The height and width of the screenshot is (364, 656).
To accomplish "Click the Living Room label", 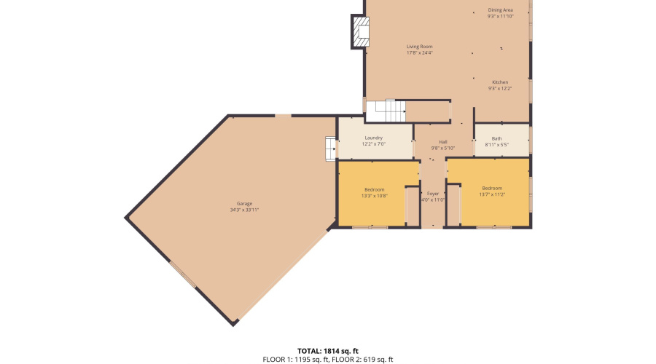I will (x=419, y=47).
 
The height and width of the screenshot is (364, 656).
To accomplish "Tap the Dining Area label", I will (x=500, y=10).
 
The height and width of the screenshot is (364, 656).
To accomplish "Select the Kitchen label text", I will (x=499, y=82).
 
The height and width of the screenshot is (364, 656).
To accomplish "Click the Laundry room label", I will (x=373, y=138).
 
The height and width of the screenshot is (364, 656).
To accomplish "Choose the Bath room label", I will (x=496, y=138).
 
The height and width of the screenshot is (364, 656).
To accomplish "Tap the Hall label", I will (x=442, y=142).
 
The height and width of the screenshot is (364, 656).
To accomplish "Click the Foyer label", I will (x=433, y=194).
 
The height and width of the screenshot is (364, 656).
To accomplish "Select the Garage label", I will (x=244, y=204).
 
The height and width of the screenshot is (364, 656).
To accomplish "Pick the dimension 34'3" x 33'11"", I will (x=244, y=210).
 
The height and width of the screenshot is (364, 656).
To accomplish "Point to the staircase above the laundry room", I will (x=384, y=111).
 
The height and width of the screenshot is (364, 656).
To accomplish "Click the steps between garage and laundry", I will (x=330, y=148).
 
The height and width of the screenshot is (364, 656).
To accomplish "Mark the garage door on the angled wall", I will (x=183, y=274).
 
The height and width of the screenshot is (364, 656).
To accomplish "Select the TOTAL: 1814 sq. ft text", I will (x=327, y=351).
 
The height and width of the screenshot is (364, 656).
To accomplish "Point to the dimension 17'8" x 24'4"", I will (x=419, y=52).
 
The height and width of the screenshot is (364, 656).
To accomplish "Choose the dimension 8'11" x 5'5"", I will (x=496, y=145).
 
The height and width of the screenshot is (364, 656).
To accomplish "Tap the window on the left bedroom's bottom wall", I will (x=370, y=228).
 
